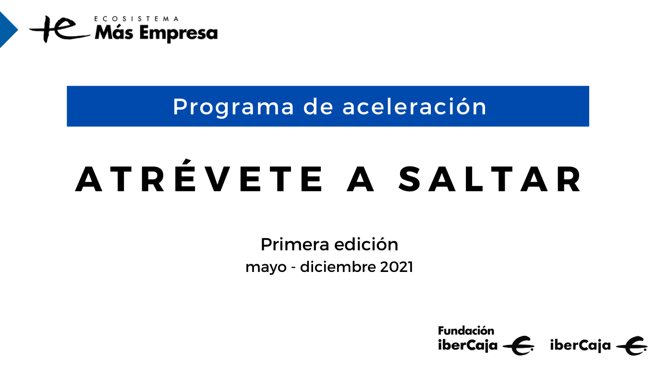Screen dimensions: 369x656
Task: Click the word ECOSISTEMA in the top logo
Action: [137, 19]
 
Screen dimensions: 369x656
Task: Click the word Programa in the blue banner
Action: [233, 107]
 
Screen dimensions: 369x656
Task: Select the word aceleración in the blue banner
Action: [414, 107]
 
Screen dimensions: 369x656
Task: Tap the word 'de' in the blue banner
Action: [318, 107]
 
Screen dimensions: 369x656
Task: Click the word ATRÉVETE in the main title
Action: [199, 180]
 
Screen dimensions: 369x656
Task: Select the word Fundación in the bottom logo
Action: [466, 331]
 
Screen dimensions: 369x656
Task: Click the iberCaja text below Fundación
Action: [467, 345]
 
